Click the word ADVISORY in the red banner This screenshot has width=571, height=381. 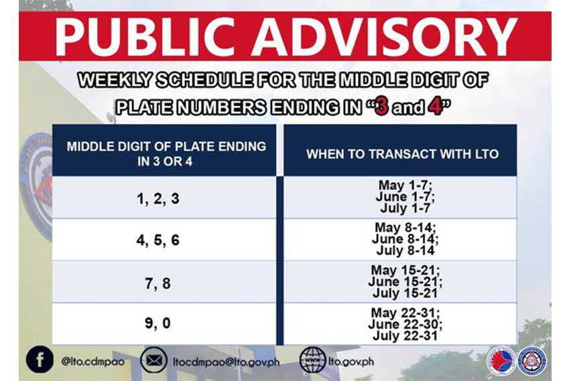(385, 36)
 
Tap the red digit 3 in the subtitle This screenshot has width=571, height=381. (381, 107)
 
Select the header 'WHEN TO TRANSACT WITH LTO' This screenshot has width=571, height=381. (402, 154)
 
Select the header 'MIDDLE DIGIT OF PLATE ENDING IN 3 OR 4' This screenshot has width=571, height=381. (166, 154)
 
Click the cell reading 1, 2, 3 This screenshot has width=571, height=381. (158, 199)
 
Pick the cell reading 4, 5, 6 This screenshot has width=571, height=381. (158, 240)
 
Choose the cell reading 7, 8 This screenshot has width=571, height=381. (157, 283)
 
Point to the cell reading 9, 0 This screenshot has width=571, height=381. (157, 323)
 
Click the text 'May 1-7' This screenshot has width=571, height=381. (405, 185)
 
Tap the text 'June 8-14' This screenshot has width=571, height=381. (405, 239)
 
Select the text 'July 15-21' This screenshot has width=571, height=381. (405, 293)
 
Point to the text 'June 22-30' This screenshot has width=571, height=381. (405, 324)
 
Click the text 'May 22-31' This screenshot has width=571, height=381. (405, 313)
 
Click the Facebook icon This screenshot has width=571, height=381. (40, 360)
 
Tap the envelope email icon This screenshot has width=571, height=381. (154, 360)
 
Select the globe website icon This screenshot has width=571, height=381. (312, 360)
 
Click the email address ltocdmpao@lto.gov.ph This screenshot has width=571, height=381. (226, 362)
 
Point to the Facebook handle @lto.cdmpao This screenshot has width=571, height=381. (93, 362)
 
